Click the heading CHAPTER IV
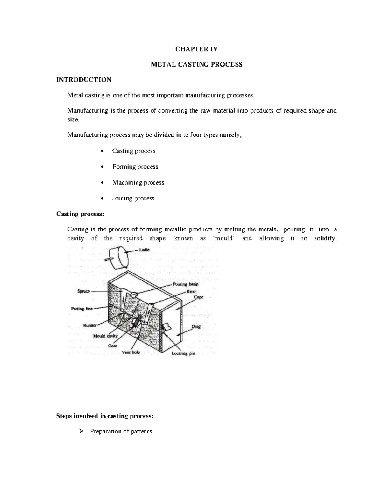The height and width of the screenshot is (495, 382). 196,49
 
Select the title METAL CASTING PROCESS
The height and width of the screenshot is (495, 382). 196,64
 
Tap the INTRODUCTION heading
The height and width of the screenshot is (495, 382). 84,80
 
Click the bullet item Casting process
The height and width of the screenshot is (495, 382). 134,151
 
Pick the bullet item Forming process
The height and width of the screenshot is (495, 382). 135,167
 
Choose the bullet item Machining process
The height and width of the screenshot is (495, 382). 138,182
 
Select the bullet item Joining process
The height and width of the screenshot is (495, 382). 133,198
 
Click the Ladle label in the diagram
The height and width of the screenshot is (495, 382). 144,250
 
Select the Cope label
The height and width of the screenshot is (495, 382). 198,297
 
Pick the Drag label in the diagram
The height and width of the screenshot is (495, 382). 196,327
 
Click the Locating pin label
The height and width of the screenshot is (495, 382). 183,354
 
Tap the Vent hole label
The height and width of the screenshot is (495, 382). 131,353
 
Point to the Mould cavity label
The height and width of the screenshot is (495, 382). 105,336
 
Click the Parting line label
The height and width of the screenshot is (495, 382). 81,309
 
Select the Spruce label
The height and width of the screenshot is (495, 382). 84,291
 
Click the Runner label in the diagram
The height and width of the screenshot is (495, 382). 90,325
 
